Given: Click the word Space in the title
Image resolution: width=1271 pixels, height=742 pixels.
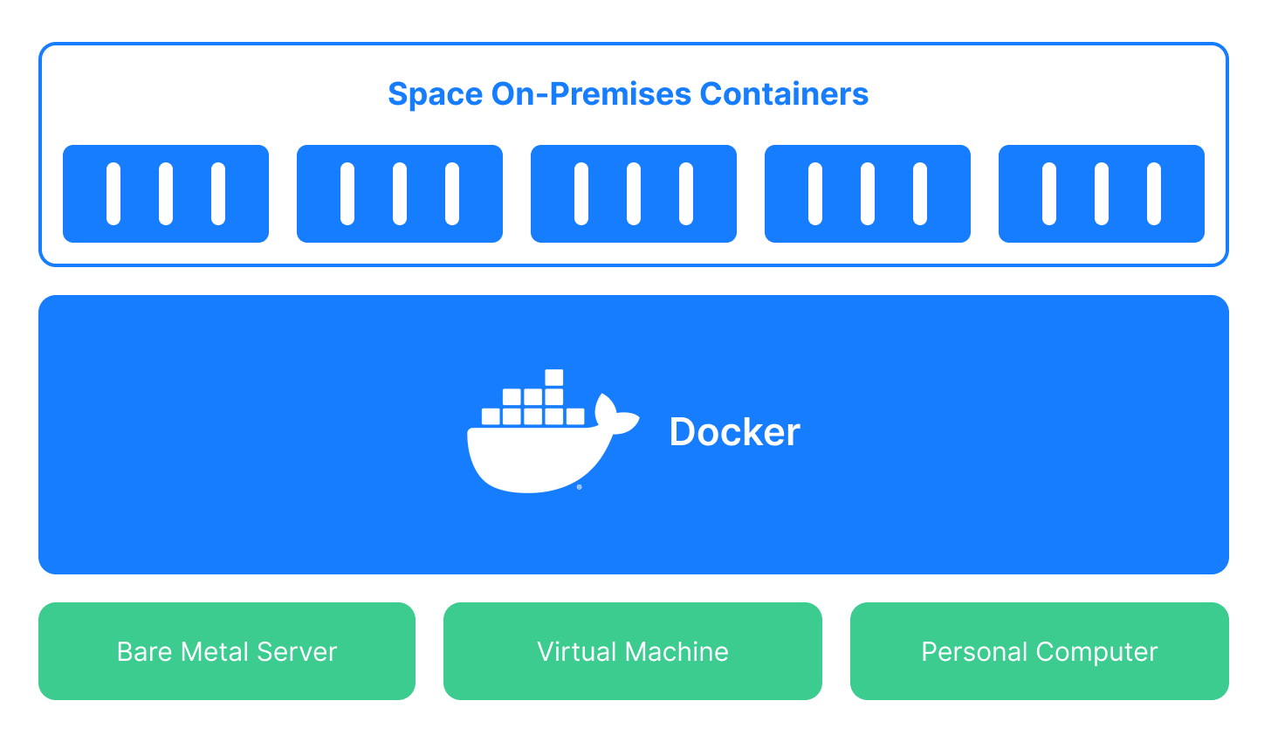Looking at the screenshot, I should click(x=435, y=94).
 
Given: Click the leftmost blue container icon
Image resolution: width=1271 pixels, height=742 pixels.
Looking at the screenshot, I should click(x=166, y=194).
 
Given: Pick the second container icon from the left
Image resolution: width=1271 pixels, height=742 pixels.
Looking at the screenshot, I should click(x=400, y=194).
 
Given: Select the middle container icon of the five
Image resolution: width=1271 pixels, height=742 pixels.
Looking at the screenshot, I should click(x=634, y=194).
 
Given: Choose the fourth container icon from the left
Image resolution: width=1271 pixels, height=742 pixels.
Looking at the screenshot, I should click(x=868, y=194).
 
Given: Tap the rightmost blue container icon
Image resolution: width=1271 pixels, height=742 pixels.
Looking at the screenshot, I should click(x=1102, y=194).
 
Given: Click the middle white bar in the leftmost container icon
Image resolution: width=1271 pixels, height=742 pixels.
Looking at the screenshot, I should click(x=166, y=194).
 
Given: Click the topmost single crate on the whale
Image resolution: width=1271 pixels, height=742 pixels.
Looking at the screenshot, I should click(x=553, y=378).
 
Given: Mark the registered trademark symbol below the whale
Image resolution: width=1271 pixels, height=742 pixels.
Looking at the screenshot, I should click(x=579, y=487).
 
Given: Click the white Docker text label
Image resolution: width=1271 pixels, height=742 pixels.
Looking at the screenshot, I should click(x=734, y=432).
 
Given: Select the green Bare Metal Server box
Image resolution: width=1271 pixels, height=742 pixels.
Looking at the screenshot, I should click(x=227, y=651).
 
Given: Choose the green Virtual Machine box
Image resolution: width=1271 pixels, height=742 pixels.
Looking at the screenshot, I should click(x=633, y=651).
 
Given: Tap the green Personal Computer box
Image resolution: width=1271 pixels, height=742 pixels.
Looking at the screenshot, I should click(x=1040, y=651).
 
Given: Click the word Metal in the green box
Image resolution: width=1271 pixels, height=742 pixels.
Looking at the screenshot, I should click(x=209, y=651).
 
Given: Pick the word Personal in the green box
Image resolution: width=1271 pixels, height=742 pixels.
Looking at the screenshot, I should click(x=973, y=651).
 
